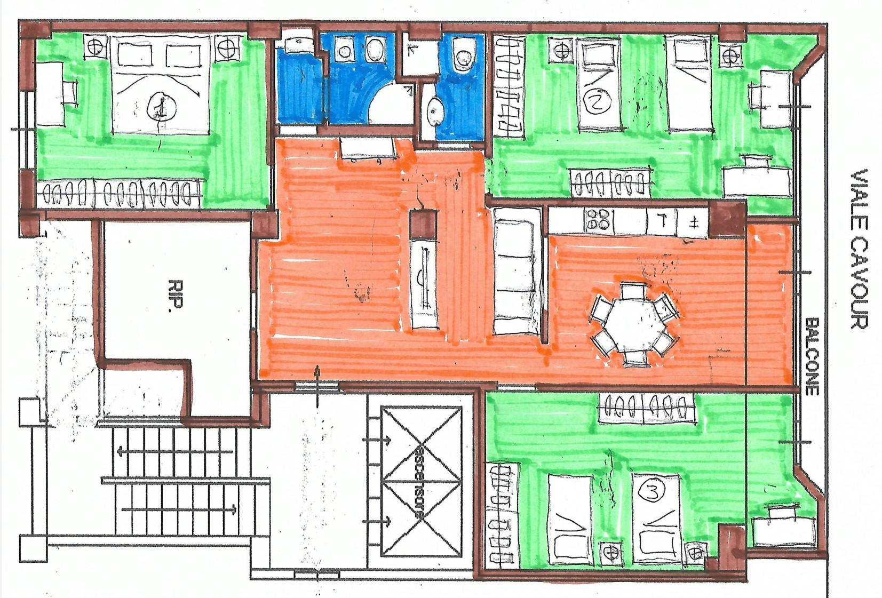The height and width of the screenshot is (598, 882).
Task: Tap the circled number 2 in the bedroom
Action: [x=597, y=101]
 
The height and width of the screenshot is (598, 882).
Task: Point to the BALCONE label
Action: [x=812, y=356]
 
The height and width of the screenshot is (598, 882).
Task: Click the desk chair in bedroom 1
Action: [x=70, y=92]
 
